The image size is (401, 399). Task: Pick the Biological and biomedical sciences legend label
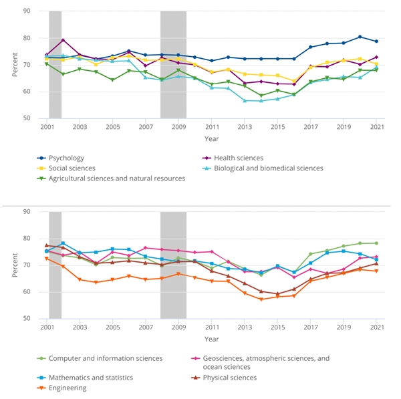tap(268, 168)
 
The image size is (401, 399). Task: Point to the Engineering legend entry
tap(68, 388)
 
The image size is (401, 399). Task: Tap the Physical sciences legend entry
tap(240, 378)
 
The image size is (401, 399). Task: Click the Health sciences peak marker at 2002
tap(63, 40)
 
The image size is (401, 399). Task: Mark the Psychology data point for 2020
tap(360, 37)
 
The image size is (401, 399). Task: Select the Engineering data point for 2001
tap(47, 258)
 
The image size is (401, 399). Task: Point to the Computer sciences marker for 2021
tap(376, 243)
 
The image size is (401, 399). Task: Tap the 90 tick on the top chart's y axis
tap(26, 11)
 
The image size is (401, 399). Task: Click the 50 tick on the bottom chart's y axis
tap(26, 319)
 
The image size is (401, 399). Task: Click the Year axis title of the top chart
tap(211, 138)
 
